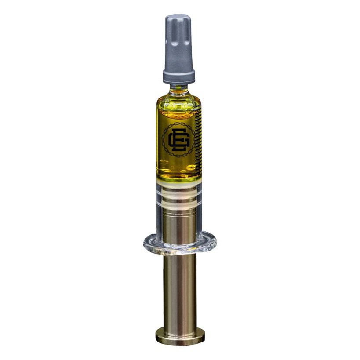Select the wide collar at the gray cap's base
[179, 76]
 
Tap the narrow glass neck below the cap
[179, 88]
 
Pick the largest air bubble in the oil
[191, 167]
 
